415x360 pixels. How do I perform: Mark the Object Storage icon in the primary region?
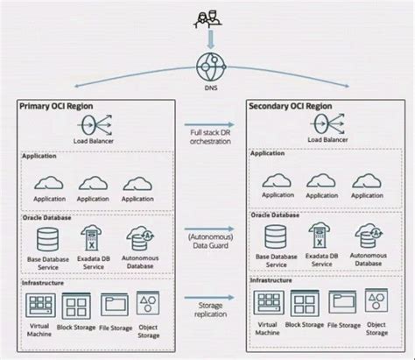149,304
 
